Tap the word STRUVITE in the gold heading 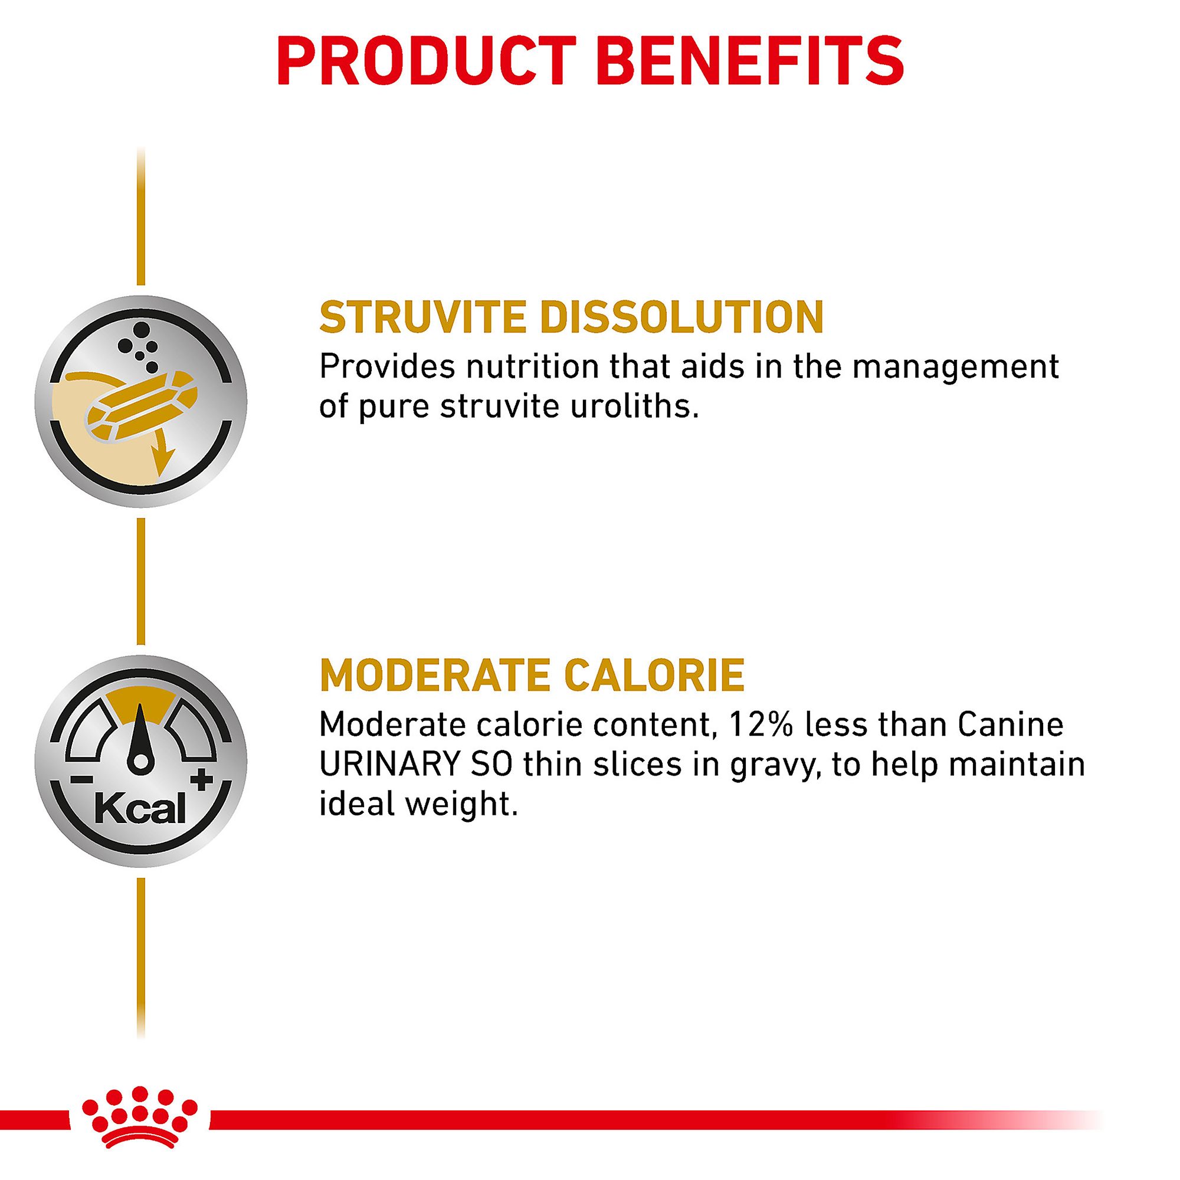[x=423, y=316]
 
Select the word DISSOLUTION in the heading [x=682, y=316]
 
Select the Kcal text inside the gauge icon [x=140, y=811]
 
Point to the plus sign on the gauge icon [x=202, y=781]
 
